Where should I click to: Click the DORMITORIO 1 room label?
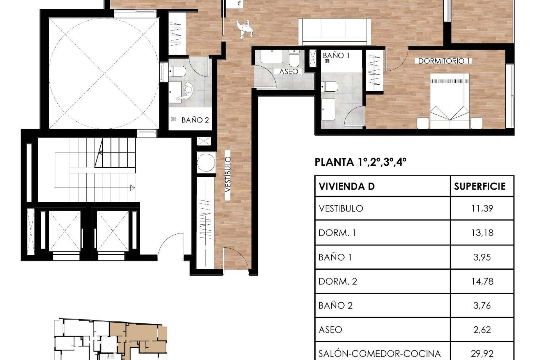coord(444,61)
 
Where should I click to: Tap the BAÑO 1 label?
coord(336,56)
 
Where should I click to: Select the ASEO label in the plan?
coord(289,72)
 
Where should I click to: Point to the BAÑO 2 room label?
coord(195,120)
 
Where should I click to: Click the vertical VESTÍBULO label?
coord(228,174)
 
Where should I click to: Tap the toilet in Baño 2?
coord(177,71)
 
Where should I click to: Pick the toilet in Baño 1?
coord(329,87)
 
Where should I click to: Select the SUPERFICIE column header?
coord(480,186)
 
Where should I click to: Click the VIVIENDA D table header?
coord(346,186)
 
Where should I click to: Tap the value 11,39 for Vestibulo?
coord(482,208)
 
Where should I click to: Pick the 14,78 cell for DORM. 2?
coord(482,282)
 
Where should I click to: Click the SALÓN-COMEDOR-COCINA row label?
coord(379,354)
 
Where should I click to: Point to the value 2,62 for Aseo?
coord(482,330)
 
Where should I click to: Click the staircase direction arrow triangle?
coord(132,188)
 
